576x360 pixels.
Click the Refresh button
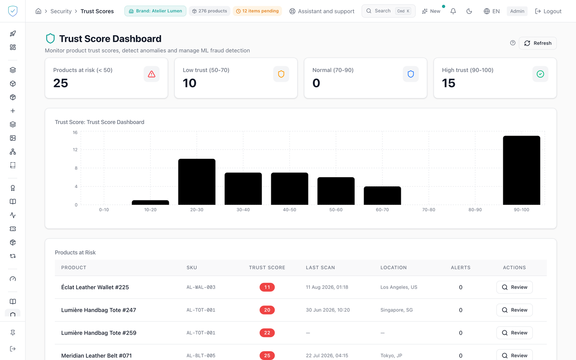(538, 43)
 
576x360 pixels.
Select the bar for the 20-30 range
(197, 182)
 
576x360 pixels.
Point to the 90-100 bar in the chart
(522, 170)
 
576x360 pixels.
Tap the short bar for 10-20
(150, 203)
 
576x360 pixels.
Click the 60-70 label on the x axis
(382, 210)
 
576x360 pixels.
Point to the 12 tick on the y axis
(75, 150)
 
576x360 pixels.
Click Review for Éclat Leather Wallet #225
(514, 287)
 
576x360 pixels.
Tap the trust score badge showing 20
(267, 310)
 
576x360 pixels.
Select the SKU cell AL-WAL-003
(201, 287)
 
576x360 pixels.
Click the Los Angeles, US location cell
(399, 287)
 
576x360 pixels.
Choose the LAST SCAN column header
(320, 268)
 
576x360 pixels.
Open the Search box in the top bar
(388, 11)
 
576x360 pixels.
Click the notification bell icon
(453, 11)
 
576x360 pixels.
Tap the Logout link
(548, 11)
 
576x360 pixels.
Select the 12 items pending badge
(257, 11)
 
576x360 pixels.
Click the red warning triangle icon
(152, 74)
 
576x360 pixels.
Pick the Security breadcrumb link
(61, 11)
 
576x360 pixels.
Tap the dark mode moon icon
(469, 11)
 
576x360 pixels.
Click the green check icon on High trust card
(540, 74)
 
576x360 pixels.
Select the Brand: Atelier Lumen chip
(155, 11)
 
